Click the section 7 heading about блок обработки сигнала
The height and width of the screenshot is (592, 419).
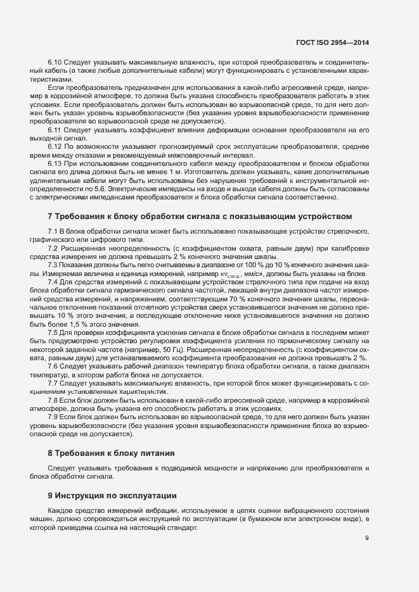[x=199, y=217]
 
